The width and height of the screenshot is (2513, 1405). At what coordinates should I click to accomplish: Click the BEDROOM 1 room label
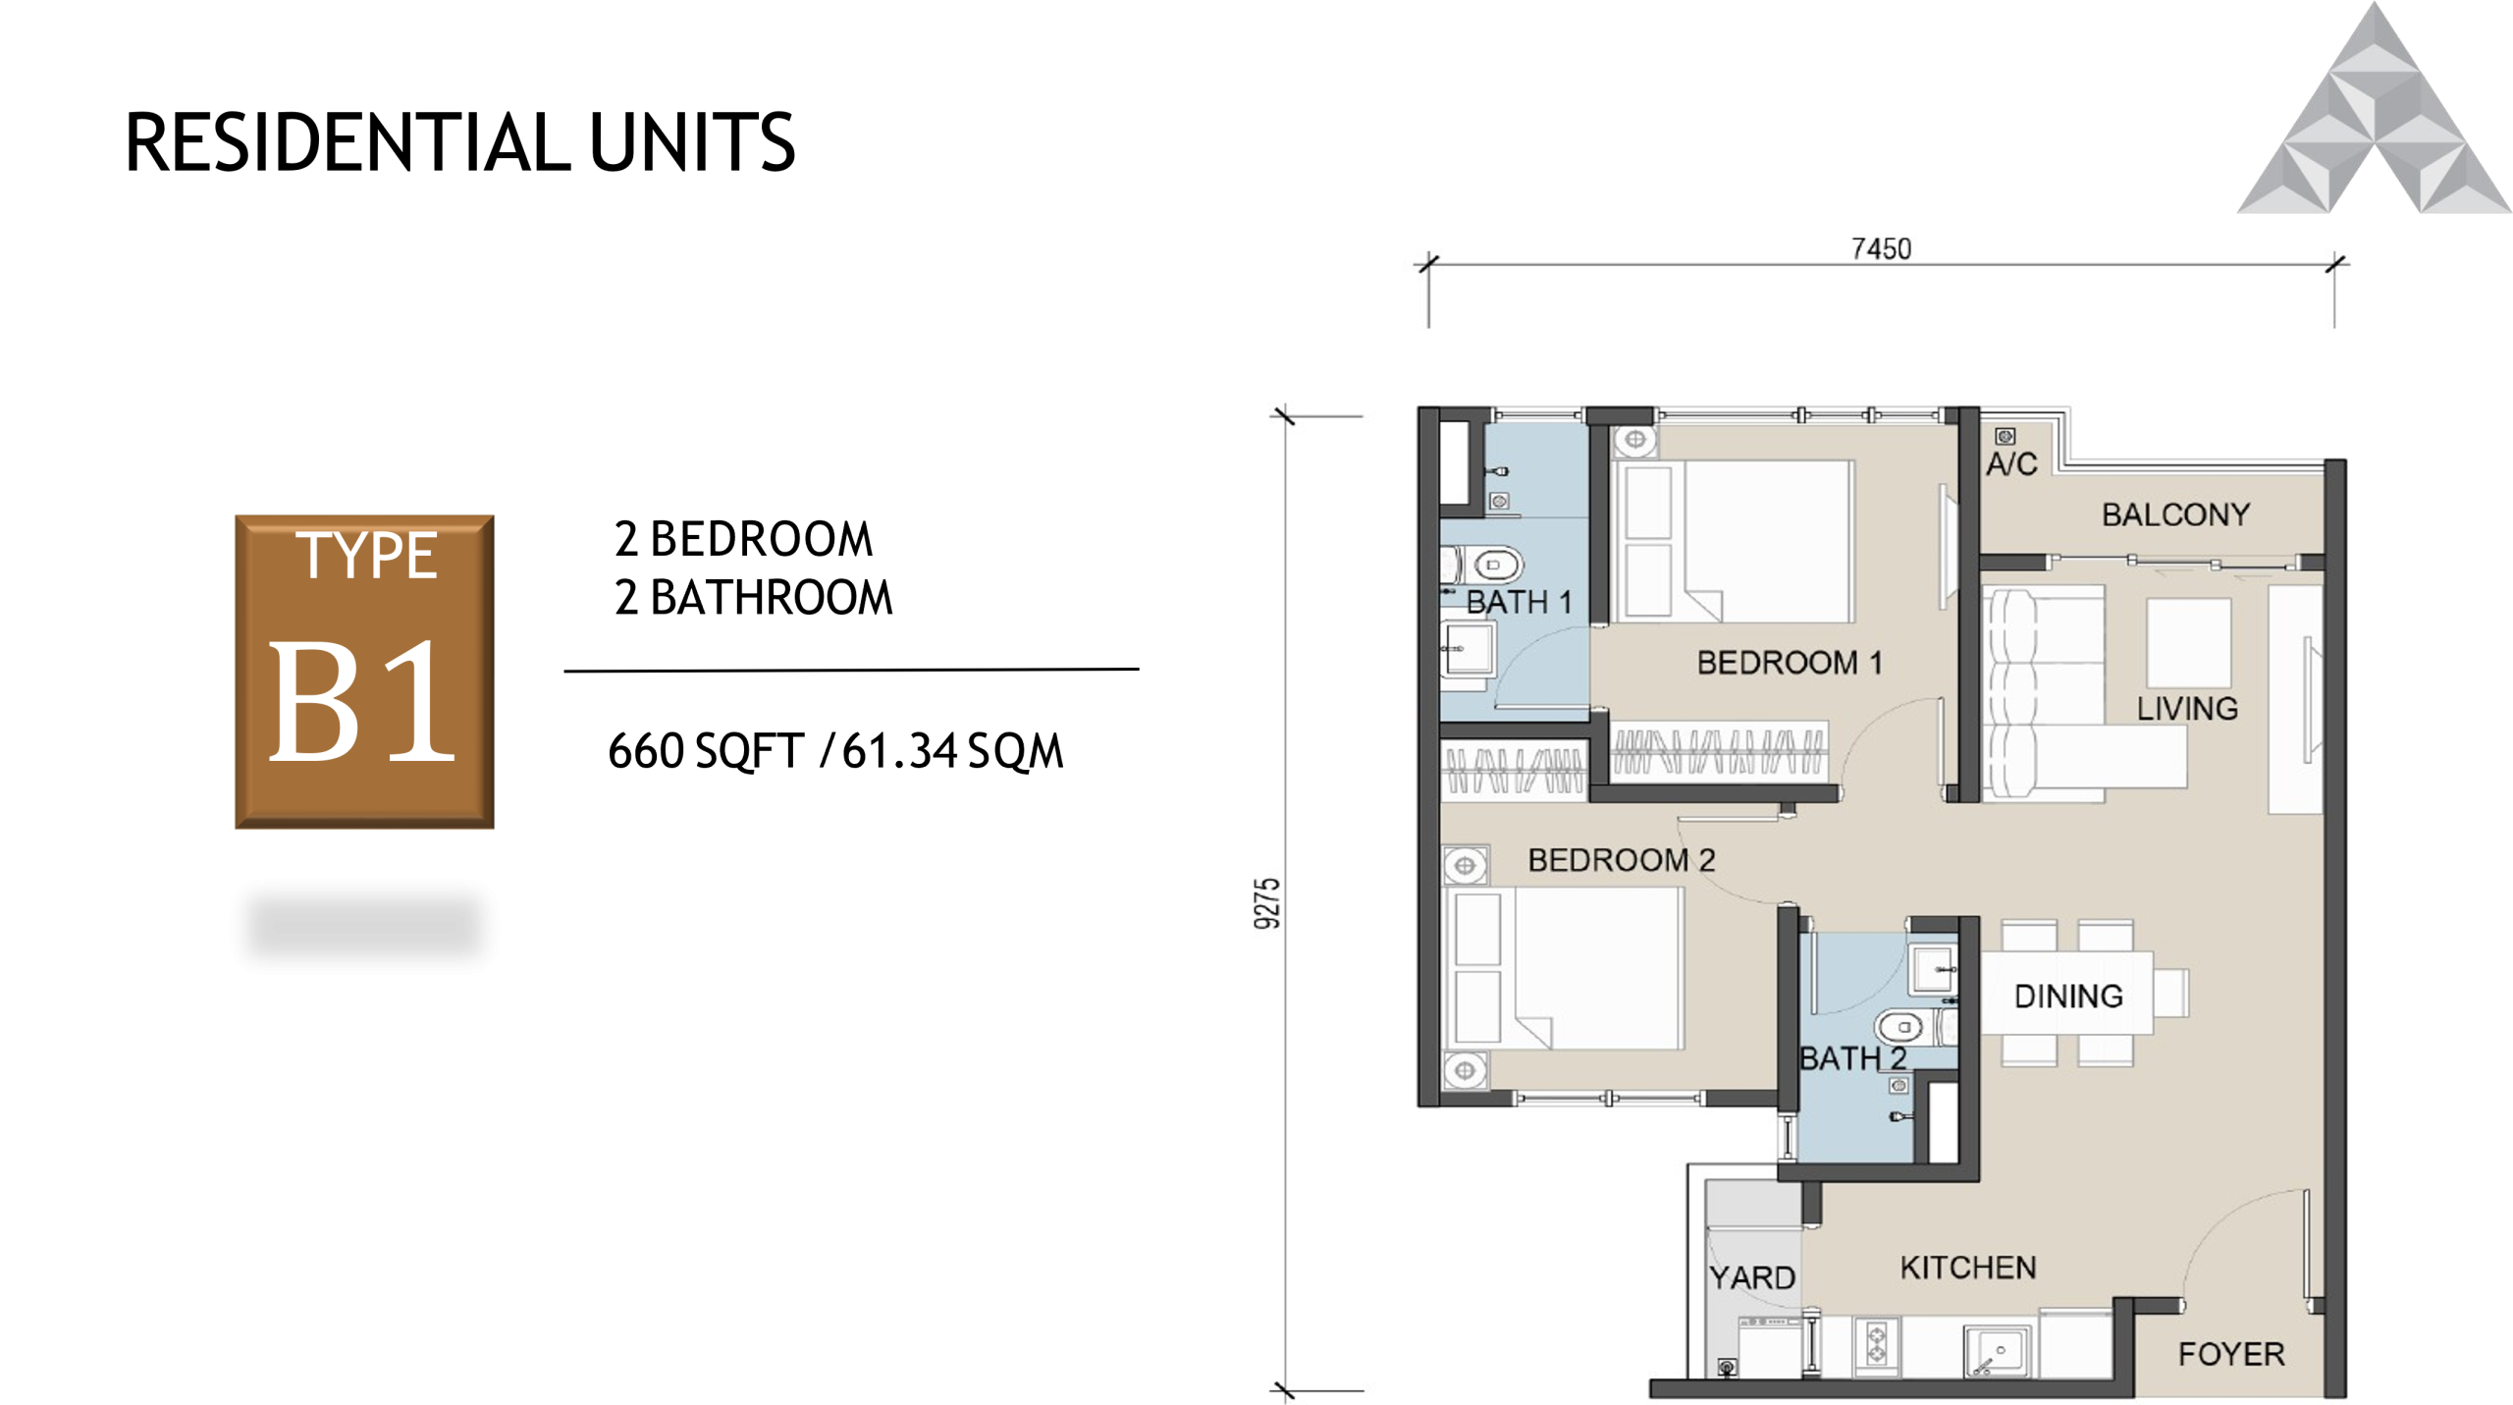pyautogui.click(x=1790, y=663)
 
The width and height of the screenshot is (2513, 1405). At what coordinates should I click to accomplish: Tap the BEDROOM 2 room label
pyautogui.click(x=1621, y=860)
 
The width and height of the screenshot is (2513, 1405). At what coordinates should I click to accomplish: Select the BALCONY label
pyautogui.click(x=2175, y=514)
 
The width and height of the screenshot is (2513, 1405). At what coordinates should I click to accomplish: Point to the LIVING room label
pyautogui.click(x=2187, y=708)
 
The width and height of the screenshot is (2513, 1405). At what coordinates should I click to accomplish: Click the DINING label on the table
pyautogui.click(x=2068, y=997)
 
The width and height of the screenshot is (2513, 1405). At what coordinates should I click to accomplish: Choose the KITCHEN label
pyautogui.click(x=1968, y=1268)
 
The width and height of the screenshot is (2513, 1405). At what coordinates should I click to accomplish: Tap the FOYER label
pyautogui.click(x=2231, y=1354)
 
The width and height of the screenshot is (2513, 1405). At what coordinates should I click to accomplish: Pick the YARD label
pyautogui.click(x=1752, y=1277)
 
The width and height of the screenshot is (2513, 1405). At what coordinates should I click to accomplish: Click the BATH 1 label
pyautogui.click(x=1519, y=602)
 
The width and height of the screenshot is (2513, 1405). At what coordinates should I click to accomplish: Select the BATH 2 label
pyautogui.click(x=1852, y=1058)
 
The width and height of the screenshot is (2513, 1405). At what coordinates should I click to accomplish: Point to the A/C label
pyautogui.click(x=2011, y=463)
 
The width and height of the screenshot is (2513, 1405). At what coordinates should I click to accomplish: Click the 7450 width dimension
pyautogui.click(x=1881, y=249)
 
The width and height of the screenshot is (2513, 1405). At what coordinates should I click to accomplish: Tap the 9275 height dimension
pyautogui.click(x=1268, y=902)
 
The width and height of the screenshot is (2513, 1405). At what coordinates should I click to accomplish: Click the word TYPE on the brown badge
pyautogui.click(x=366, y=556)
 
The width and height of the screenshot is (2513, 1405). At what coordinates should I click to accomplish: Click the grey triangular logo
pyautogui.click(x=2374, y=118)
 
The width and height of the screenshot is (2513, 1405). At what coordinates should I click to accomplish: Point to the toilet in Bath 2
pyautogui.click(x=1901, y=1027)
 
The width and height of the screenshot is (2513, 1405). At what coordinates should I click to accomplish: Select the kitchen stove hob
pyautogui.click(x=1876, y=1345)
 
